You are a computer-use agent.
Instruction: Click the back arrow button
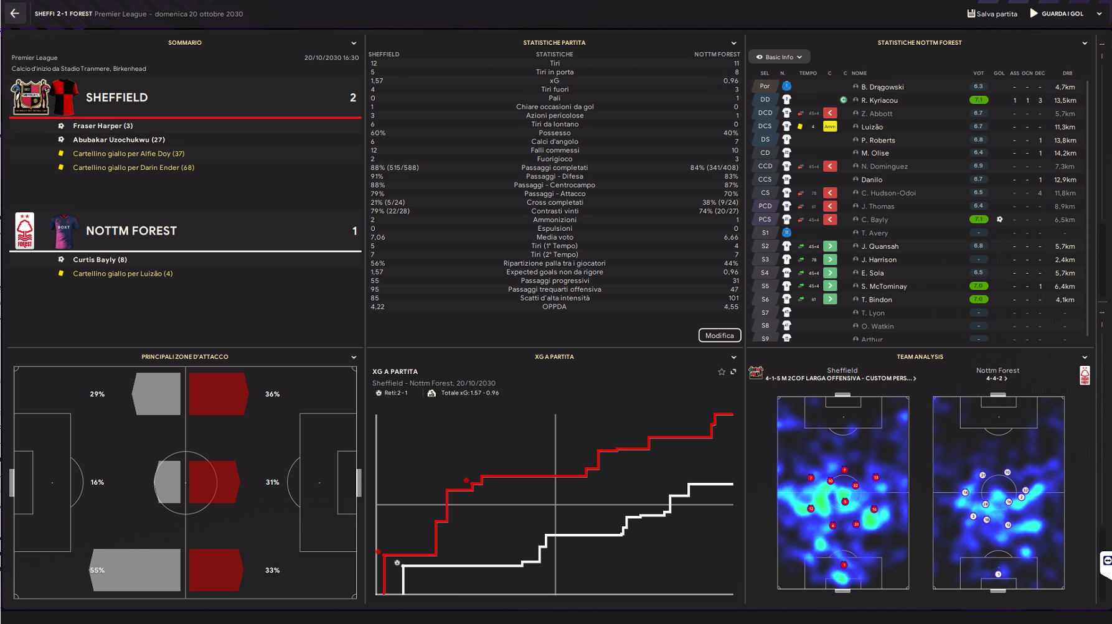(15, 13)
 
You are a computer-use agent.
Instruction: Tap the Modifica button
(719, 335)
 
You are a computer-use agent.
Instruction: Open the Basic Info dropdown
(779, 57)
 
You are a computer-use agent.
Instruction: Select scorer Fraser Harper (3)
(103, 126)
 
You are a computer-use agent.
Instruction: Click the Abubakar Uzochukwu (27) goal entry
(118, 140)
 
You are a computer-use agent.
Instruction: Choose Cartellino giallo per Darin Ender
(133, 167)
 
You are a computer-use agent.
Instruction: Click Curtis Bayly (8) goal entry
(100, 259)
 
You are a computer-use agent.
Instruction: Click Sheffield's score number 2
(353, 98)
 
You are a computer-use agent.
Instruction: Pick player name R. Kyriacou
(879, 100)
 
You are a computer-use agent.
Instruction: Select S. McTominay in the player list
(883, 286)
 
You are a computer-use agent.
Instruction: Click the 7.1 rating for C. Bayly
(978, 220)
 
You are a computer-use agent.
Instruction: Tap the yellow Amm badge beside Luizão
(830, 126)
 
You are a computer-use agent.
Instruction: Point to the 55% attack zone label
(97, 570)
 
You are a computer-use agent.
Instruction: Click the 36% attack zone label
(272, 394)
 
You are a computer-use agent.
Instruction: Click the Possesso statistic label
(554, 133)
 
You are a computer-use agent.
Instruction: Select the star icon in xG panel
(722, 372)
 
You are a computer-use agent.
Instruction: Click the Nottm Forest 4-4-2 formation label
(997, 378)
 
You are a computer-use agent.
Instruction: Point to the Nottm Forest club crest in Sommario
(25, 231)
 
